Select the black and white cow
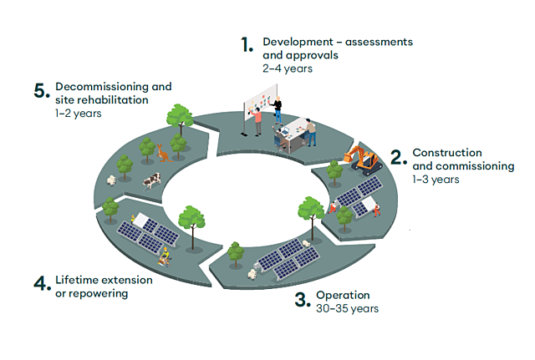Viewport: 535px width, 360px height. pyautogui.click(x=150, y=180)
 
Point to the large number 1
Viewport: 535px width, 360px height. pyautogui.click(x=247, y=46)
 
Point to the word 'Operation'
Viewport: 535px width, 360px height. pyautogui.click(x=343, y=296)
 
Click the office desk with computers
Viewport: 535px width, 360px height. pyautogui.click(x=293, y=134)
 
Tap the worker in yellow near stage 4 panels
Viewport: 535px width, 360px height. pyautogui.click(x=166, y=254)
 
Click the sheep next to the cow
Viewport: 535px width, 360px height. pyautogui.click(x=110, y=180)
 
